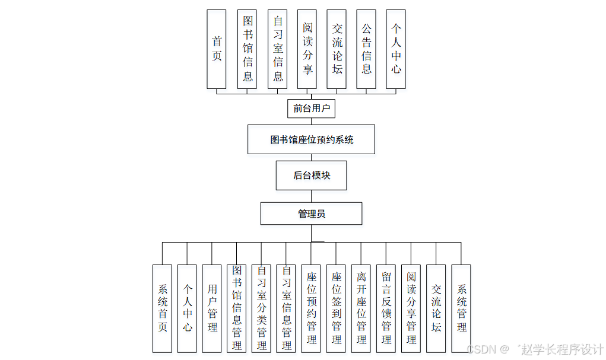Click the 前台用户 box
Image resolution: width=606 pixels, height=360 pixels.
[x=311, y=109]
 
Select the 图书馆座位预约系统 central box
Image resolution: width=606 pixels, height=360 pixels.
[x=311, y=139]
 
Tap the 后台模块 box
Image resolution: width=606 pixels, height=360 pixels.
[x=311, y=176]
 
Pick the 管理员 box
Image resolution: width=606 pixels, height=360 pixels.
[x=311, y=214]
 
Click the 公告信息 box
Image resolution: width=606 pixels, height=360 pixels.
[x=366, y=49]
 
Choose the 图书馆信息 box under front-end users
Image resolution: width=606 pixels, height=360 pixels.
[x=247, y=49]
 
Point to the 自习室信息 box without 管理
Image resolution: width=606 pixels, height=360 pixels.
[x=277, y=49]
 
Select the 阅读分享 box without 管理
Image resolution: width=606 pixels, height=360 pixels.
[x=307, y=49]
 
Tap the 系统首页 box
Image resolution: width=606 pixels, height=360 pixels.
[x=162, y=308]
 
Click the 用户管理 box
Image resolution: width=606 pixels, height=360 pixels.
[x=212, y=308]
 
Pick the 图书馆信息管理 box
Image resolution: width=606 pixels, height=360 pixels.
[x=236, y=308]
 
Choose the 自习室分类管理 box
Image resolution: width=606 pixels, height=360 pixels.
[x=261, y=308]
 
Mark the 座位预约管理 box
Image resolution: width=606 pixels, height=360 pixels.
[x=311, y=308]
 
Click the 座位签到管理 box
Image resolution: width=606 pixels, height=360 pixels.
[x=336, y=308]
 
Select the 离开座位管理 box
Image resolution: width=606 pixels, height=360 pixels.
[x=361, y=308]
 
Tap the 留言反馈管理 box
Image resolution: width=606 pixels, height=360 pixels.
[x=386, y=308]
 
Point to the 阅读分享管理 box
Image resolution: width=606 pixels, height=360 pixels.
[x=411, y=308]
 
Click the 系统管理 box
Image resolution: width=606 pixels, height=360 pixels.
[x=461, y=308]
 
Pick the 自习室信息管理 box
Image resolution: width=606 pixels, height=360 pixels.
[x=286, y=308]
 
